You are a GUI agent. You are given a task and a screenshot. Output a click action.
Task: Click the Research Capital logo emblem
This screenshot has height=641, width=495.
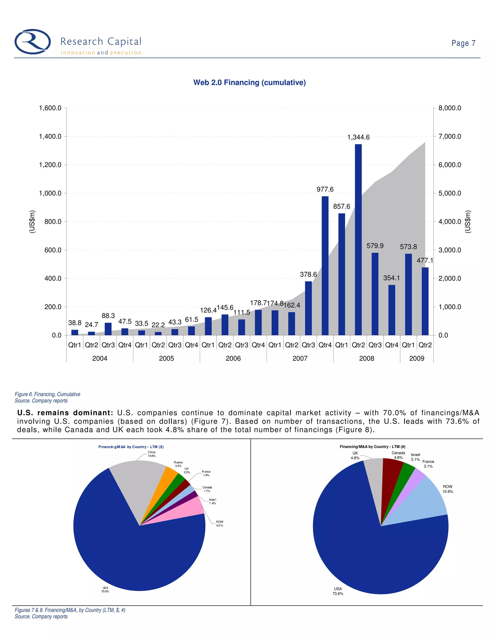[33, 42]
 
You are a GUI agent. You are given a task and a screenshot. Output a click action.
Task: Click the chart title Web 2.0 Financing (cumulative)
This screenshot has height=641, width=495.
[249, 82]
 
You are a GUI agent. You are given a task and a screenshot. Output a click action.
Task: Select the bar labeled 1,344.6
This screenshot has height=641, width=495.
[358, 239]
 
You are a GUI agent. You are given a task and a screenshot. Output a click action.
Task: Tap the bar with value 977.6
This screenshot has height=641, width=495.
[325, 265]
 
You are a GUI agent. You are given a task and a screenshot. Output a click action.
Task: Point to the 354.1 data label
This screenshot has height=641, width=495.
[391, 278]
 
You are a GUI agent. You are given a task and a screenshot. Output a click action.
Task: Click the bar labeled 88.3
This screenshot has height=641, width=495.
[108, 329]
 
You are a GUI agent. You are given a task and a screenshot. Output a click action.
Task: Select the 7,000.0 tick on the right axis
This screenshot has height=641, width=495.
[450, 136]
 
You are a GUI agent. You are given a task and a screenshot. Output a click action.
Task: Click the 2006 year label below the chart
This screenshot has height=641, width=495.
[233, 358]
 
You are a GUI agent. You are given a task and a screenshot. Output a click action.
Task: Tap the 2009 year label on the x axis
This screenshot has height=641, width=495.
[416, 358]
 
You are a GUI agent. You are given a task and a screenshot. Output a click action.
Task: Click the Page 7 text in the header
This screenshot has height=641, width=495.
[463, 43]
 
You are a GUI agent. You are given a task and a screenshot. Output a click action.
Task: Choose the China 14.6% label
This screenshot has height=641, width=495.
[152, 454]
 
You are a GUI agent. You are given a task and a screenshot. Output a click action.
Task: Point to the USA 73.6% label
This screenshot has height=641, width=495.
[338, 591]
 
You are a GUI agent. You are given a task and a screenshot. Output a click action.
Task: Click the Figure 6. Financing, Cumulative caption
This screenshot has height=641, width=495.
[48, 394]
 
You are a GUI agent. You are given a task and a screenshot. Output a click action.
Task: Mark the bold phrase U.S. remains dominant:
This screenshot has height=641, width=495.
[65, 413]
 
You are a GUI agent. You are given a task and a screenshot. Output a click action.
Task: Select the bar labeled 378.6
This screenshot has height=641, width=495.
[308, 308]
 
